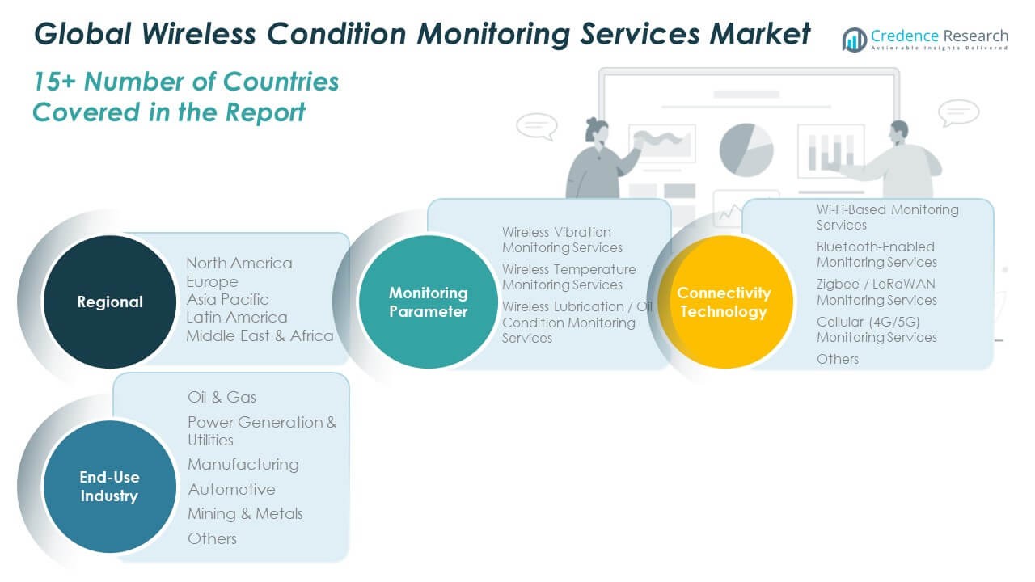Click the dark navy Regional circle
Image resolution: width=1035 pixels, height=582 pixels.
coord(109,302)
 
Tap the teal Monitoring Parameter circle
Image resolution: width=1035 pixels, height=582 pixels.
coord(428,302)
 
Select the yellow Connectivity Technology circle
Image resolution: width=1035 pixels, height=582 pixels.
coord(724,302)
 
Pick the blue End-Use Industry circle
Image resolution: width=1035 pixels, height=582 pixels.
coord(109,486)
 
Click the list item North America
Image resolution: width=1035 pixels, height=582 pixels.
coord(239,264)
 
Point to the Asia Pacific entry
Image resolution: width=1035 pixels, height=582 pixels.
coord(227,299)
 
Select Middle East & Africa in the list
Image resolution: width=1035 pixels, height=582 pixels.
coord(260,335)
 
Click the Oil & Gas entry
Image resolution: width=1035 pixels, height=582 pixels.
coord(222,397)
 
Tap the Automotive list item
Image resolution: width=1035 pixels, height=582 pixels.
coord(231,489)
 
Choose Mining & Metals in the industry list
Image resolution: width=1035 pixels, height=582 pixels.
coord(245,513)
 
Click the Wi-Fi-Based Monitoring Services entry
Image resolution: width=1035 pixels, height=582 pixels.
coord(876,217)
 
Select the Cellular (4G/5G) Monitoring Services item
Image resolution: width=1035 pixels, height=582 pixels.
coord(877,329)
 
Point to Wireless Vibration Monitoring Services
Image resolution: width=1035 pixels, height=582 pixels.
coord(562,239)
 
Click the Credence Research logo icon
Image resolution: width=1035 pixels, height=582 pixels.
coord(854,39)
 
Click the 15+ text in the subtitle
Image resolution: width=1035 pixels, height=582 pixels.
coord(56,82)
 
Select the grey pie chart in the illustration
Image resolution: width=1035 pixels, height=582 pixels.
coord(746,149)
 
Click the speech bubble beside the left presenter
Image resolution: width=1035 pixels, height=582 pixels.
coord(536,125)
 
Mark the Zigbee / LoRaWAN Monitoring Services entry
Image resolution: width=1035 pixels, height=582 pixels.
coord(877,292)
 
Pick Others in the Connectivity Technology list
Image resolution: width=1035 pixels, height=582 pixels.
coord(837,359)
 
